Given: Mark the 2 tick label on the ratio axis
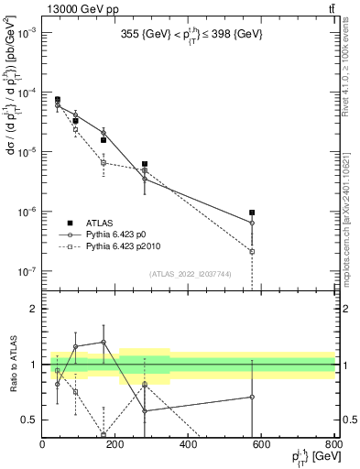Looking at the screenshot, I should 35,309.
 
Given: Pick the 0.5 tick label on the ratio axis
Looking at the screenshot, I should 30,420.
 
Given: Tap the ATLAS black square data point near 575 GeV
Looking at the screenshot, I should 252,213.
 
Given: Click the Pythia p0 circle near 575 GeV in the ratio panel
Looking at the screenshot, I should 252,397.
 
